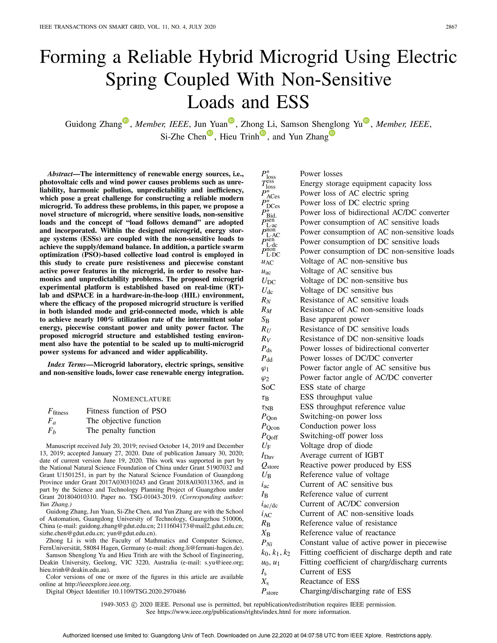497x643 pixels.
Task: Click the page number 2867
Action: click(x=451, y=27)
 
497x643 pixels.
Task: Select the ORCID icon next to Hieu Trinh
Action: click(x=263, y=133)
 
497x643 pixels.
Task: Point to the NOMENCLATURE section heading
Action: click(x=142, y=399)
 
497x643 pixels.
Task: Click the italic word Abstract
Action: click(x=60, y=174)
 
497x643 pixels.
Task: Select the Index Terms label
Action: click(x=67, y=365)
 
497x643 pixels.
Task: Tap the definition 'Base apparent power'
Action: click(x=334, y=319)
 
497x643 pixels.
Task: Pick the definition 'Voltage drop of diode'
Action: click(x=336, y=446)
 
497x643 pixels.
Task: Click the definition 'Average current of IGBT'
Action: click(x=341, y=455)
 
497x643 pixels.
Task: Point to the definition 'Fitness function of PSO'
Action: click(x=126, y=411)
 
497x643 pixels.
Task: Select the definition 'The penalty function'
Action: click(x=121, y=430)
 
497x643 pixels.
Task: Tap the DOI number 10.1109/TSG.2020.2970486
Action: click(x=148, y=591)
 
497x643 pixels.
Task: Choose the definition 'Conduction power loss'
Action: click(x=338, y=426)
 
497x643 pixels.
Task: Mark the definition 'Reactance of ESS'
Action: click(x=330, y=581)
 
